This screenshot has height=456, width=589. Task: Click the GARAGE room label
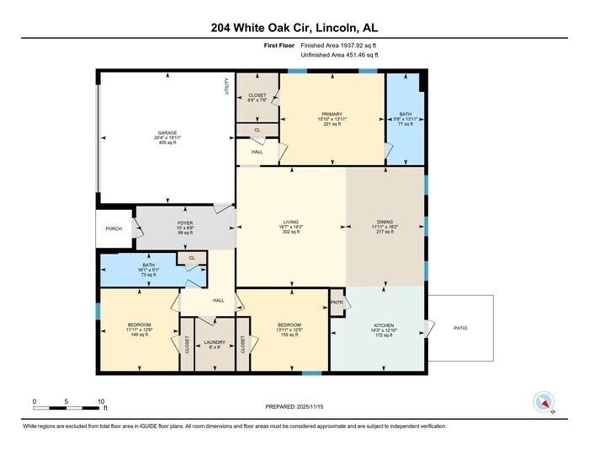[167, 132]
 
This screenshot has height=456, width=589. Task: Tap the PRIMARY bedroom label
[332, 112]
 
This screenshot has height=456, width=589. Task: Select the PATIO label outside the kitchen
[459, 328]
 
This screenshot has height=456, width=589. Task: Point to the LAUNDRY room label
[215, 342]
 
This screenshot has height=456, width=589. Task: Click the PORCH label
[114, 228]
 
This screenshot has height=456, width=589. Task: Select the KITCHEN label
[384, 324]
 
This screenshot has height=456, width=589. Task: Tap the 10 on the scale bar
[101, 401]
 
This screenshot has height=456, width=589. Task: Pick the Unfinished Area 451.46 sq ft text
[340, 55]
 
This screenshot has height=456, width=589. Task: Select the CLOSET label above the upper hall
[257, 96]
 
